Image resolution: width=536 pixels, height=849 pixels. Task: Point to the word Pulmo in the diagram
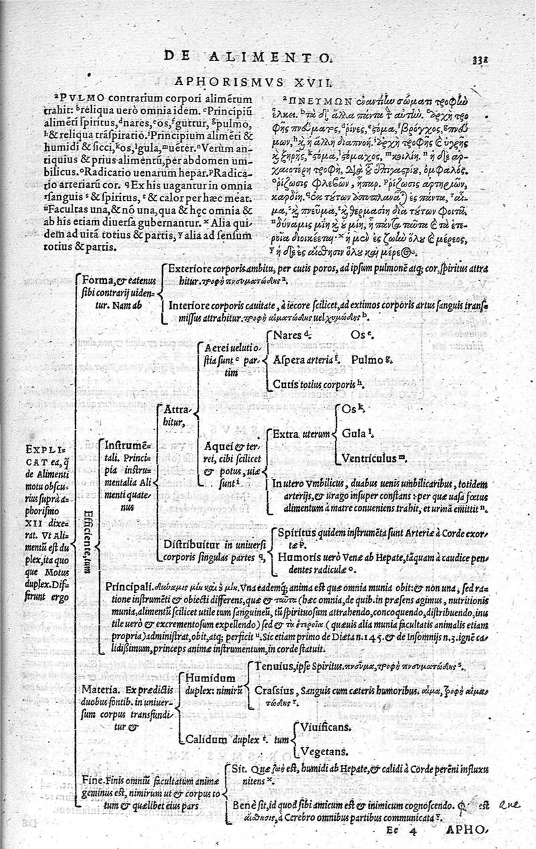pos(366,359)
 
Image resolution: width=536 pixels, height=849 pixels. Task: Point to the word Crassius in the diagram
pos(275,689)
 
